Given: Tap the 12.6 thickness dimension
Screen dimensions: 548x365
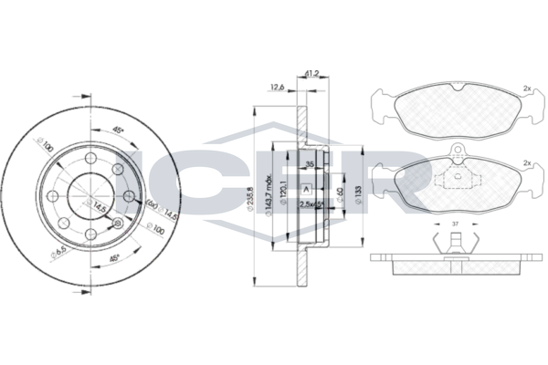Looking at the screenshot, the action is point(277,89).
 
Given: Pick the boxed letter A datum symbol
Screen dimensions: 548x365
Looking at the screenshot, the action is point(306,188).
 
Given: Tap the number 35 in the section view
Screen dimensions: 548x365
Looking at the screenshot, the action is point(310,165).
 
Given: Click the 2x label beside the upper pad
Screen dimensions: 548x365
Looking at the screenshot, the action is point(526,89).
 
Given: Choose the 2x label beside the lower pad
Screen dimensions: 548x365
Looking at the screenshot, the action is point(526,163).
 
